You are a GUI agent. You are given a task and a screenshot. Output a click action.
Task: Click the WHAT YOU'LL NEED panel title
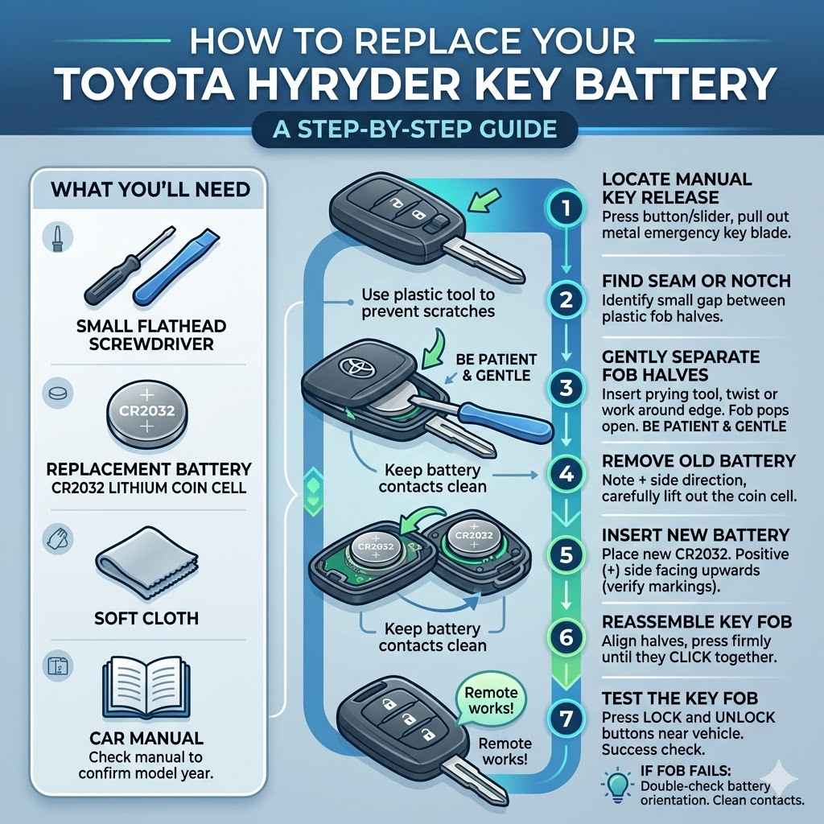[x=150, y=191]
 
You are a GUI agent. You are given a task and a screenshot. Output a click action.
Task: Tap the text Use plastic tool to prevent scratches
[x=427, y=303]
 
